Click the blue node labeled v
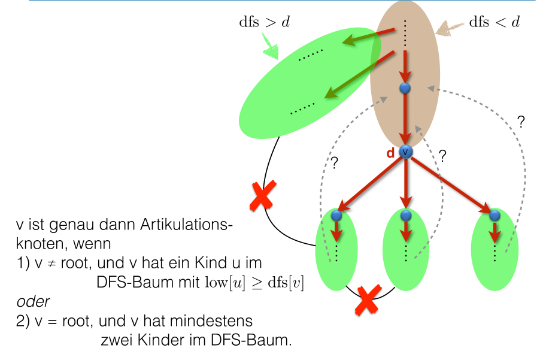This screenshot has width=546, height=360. point(407,152)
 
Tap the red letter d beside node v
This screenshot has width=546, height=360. point(390,153)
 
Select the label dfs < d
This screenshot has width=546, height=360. point(494,23)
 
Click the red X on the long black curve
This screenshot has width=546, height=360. point(262,196)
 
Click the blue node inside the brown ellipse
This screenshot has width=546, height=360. point(405,88)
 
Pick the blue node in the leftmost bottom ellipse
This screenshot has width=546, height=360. point(336,215)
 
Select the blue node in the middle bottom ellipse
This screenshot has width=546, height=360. point(407,215)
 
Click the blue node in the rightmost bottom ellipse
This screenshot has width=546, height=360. point(495,215)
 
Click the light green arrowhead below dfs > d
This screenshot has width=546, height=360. point(270,50)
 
